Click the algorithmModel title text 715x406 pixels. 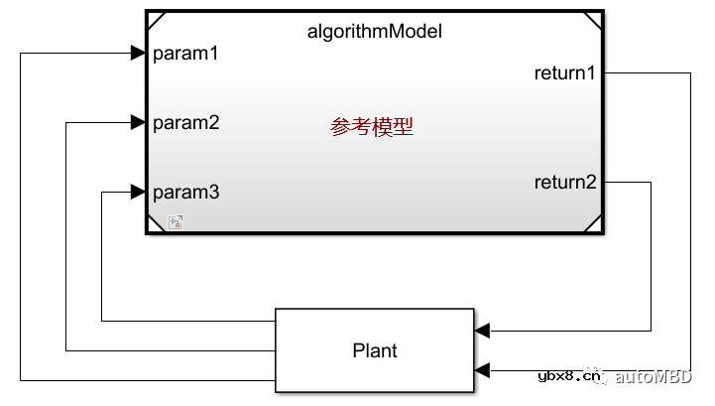(x=374, y=32)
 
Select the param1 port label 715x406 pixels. (x=185, y=54)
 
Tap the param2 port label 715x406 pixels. (x=185, y=123)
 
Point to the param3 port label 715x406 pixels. (x=185, y=192)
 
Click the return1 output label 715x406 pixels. (x=565, y=72)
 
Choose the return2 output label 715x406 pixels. (x=565, y=182)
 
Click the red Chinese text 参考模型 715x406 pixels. (x=372, y=127)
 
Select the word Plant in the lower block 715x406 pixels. (x=375, y=350)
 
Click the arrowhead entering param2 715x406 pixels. (x=138, y=123)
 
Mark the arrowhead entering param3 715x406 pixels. (x=138, y=192)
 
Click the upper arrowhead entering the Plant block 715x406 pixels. (x=482, y=331)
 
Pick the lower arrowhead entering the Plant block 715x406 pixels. (x=482, y=371)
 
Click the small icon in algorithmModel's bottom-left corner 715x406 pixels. (x=175, y=222)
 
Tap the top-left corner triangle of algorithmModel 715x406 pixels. (x=155, y=19)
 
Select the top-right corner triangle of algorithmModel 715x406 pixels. (x=593, y=19)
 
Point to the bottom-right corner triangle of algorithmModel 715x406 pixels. (x=593, y=225)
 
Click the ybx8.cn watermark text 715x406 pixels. (x=568, y=376)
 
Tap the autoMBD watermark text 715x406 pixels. (x=654, y=376)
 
